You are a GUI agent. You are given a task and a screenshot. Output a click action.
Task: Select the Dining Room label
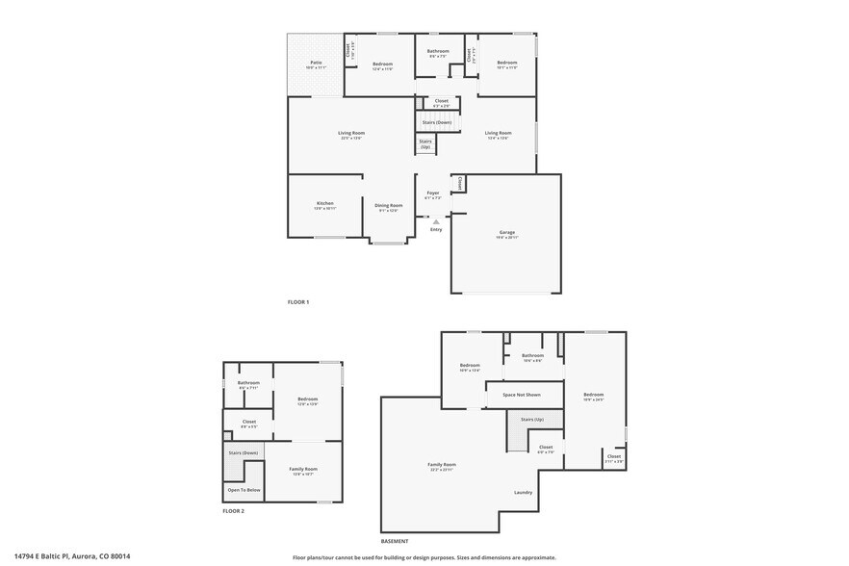point(389,206)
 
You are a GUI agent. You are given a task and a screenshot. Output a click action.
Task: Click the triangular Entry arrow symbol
point(436,221)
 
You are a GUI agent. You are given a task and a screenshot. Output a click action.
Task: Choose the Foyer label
point(433,194)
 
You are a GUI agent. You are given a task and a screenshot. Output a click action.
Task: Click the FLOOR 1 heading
point(298,302)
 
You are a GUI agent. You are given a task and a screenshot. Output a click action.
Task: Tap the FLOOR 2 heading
point(233,511)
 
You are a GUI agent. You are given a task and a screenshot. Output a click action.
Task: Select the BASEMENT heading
point(395,541)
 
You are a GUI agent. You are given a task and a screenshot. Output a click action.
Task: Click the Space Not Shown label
point(522,395)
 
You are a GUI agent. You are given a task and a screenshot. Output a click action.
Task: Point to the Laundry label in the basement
point(524,493)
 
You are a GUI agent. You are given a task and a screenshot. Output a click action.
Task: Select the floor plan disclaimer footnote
point(424,557)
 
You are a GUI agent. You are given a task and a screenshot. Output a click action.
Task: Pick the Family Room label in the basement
point(442,466)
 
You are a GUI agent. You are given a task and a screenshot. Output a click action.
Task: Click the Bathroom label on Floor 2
point(249,384)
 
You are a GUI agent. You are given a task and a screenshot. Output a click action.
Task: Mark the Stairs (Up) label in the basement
point(532,421)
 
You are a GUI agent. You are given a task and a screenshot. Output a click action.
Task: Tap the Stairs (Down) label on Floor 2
point(243,452)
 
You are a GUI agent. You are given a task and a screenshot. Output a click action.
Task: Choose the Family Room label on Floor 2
point(303,471)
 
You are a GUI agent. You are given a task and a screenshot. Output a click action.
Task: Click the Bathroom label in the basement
point(532,357)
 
